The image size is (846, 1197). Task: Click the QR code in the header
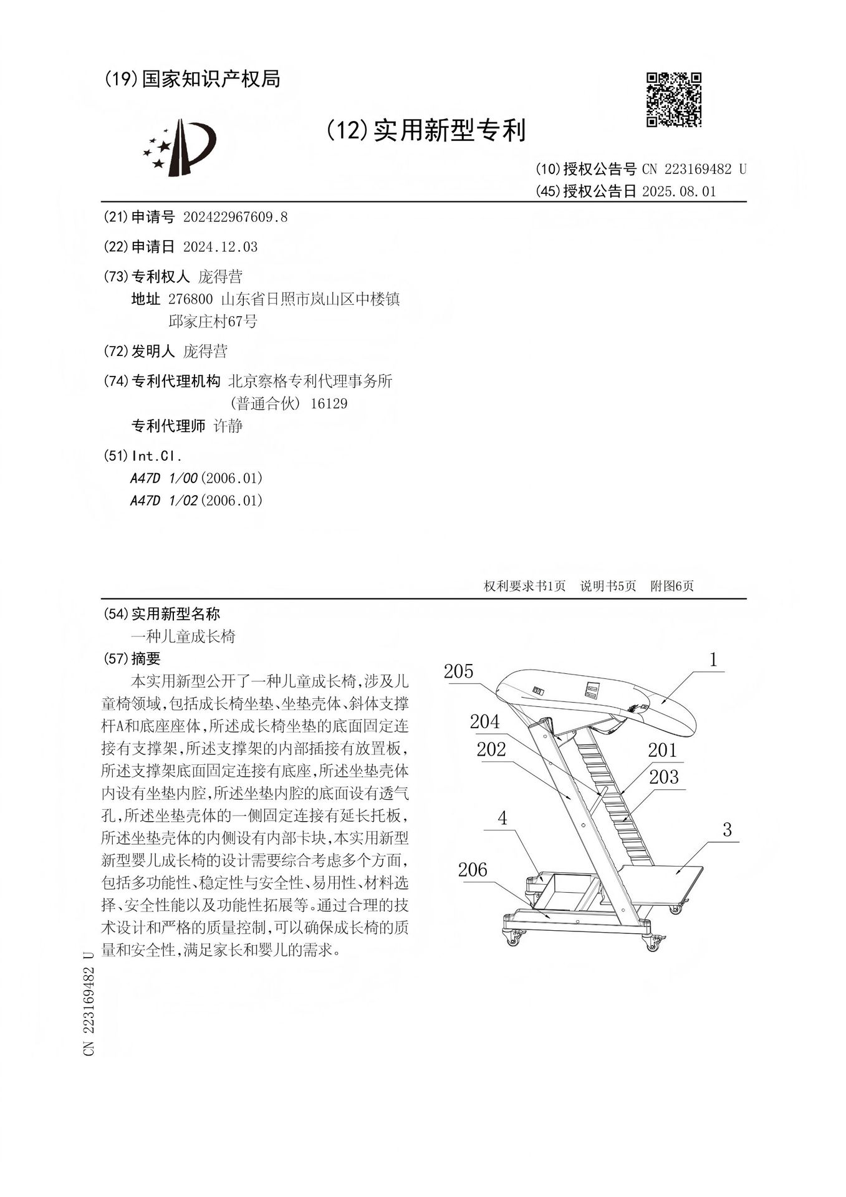pyautogui.click(x=673, y=100)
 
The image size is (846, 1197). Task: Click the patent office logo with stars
pyautogui.click(x=179, y=148)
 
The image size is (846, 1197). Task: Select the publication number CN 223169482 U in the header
pyautogui.click(x=693, y=169)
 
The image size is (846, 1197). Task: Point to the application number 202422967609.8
pyautogui.click(x=235, y=217)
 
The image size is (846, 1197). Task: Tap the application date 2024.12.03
pyautogui.click(x=220, y=247)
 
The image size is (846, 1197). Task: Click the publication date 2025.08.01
pyautogui.click(x=678, y=191)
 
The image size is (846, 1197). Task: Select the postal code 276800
pyautogui.click(x=191, y=299)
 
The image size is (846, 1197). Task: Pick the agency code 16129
pyautogui.click(x=329, y=403)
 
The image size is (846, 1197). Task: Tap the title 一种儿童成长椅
pyautogui.click(x=183, y=636)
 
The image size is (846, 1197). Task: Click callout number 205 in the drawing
pyautogui.click(x=459, y=671)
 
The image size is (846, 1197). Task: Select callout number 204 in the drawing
pyautogui.click(x=484, y=722)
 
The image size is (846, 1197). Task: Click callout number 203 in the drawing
pyautogui.click(x=663, y=777)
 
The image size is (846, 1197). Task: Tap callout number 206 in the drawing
pyautogui.click(x=473, y=870)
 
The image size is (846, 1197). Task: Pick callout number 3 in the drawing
pyautogui.click(x=727, y=830)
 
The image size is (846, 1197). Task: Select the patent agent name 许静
pyautogui.click(x=228, y=426)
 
